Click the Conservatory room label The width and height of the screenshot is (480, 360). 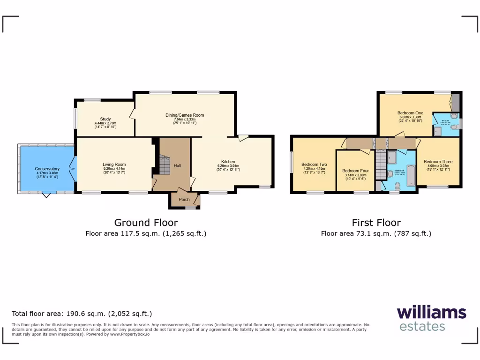click(x=47, y=169)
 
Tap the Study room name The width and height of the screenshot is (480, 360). click(x=105, y=119)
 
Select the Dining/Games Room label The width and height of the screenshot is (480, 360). click(x=185, y=115)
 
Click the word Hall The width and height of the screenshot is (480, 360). click(x=177, y=166)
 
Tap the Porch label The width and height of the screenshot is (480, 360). click(x=184, y=199)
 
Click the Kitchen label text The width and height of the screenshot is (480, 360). click(x=228, y=162)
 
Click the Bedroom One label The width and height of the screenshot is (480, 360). click(x=410, y=113)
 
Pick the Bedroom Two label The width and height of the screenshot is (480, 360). click(x=314, y=165)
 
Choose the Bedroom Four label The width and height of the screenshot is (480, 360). click(x=355, y=171)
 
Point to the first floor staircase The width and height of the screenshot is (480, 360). click(x=381, y=164)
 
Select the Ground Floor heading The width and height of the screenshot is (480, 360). click(x=146, y=223)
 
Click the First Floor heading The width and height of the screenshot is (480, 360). click(x=376, y=223)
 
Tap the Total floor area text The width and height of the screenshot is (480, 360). click(x=82, y=314)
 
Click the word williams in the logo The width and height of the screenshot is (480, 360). click(x=431, y=313)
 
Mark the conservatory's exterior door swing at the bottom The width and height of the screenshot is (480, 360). click(x=45, y=195)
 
